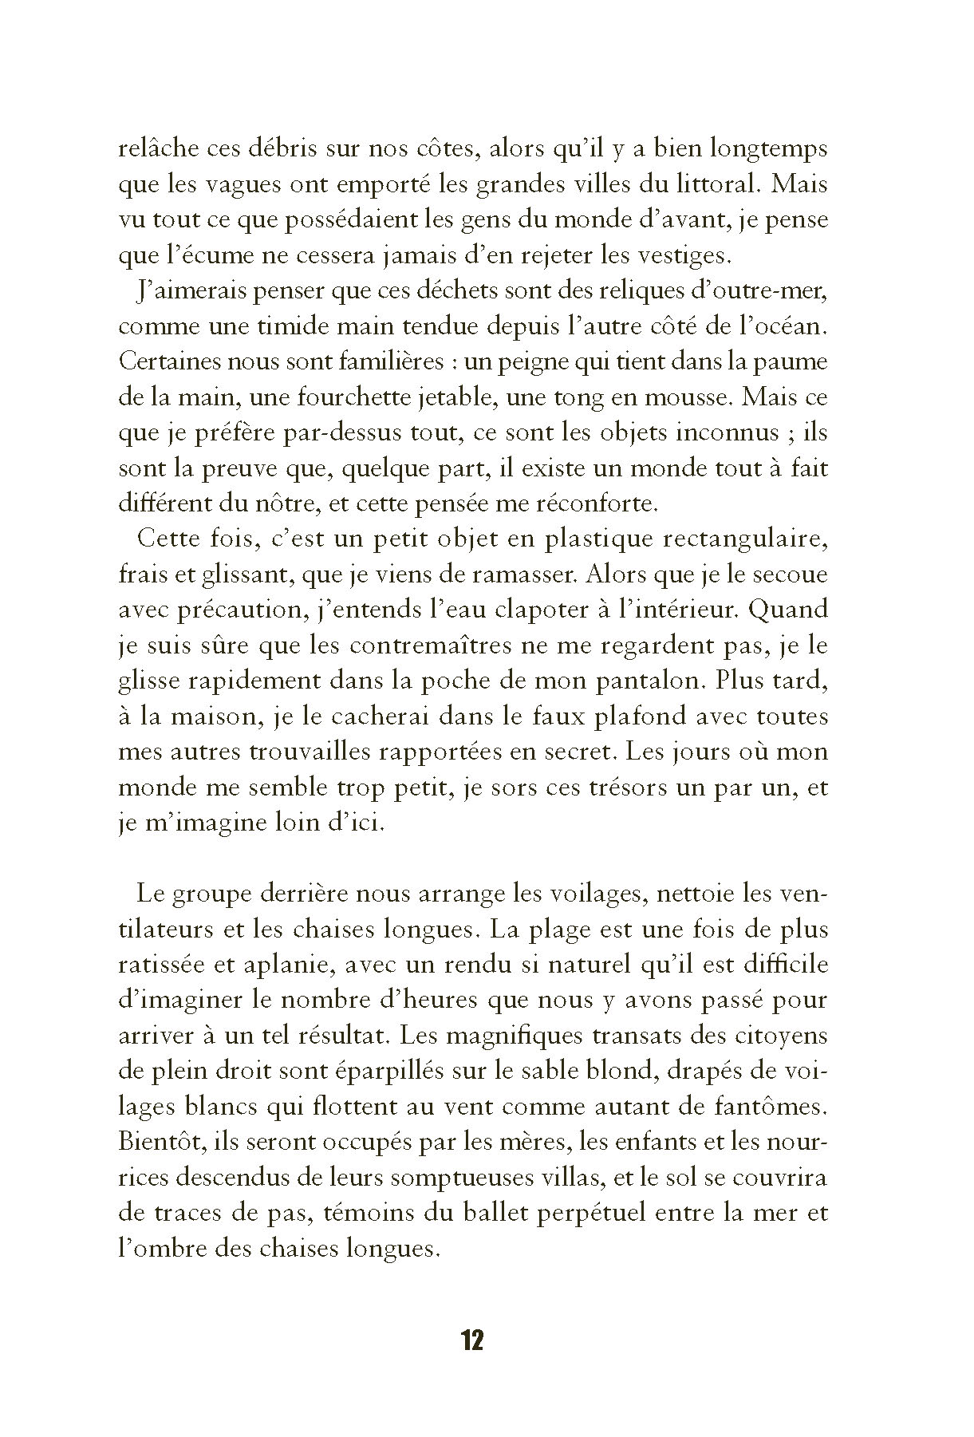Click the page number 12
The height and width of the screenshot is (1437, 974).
(472, 1340)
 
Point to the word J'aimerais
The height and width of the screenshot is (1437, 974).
(182, 291)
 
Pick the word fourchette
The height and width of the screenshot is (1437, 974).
(344, 397)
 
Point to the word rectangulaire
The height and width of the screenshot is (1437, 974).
(741, 539)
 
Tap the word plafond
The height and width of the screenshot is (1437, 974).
(627, 716)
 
